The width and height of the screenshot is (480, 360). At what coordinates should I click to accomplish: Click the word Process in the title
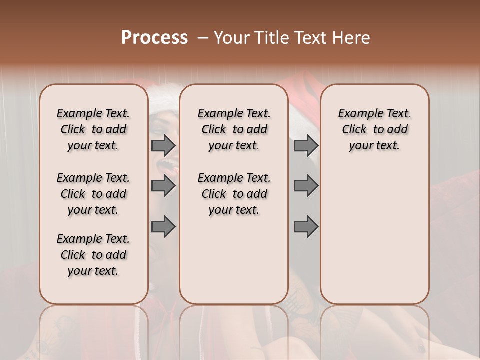pos(154,38)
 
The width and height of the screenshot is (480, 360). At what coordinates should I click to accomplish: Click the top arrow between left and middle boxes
pos(163,145)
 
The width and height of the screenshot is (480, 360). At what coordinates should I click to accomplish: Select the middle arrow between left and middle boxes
pos(163,186)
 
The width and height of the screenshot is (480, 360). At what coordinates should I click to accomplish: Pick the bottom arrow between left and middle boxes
pos(163,226)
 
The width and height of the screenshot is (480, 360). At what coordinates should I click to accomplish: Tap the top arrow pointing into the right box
pos(306,145)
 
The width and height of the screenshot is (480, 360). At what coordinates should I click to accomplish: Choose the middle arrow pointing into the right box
pos(306,186)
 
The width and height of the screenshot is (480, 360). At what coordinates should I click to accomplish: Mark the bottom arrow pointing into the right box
pos(306,226)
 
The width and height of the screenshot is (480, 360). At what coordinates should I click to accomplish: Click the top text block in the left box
pos(93,129)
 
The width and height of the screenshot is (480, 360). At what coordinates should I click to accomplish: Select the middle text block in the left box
pos(93,194)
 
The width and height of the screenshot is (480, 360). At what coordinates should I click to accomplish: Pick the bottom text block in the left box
pos(93,255)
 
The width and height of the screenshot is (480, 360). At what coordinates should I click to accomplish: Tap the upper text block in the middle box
pos(234,129)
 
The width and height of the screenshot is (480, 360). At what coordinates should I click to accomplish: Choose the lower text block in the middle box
pos(234,194)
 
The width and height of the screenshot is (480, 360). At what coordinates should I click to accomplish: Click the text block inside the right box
pos(375,129)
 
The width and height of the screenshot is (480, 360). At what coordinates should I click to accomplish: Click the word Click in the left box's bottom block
pos(73,255)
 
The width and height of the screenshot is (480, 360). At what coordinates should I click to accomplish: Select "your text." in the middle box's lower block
pos(234,210)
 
